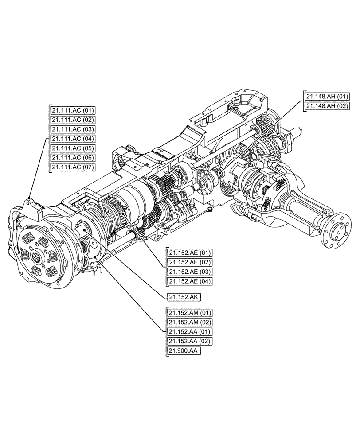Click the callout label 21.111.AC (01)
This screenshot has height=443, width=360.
point(73,110)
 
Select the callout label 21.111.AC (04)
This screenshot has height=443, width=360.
point(73,139)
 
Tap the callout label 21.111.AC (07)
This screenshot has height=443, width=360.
point(73,167)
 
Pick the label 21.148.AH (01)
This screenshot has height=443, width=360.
point(327,96)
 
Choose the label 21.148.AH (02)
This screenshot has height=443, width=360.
point(327,105)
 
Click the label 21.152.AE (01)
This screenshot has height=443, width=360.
point(190,253)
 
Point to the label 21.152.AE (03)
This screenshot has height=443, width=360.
point(190,272)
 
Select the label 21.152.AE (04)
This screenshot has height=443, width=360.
point(190,281)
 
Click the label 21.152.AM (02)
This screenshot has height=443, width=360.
point(190,322)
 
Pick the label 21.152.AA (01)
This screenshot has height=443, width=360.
point(190,332)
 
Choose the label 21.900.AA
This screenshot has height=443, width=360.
point(184,351)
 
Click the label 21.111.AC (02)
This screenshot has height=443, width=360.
point(73,120)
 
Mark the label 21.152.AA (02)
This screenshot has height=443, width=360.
point(190,341)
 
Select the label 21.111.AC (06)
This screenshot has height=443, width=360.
point(73,158)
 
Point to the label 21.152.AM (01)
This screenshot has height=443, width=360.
point(190,313)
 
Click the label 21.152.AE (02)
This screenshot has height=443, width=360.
point(190,262)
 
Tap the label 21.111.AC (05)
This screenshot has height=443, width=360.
point(73,148)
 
